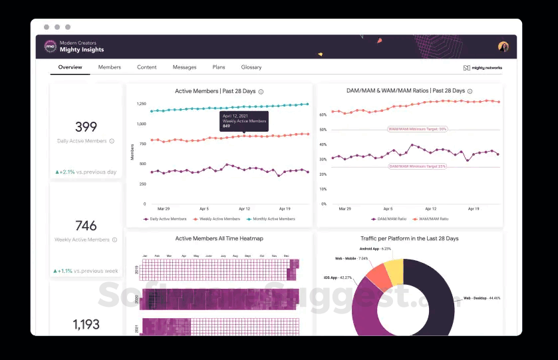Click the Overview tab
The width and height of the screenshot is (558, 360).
coord(70,67)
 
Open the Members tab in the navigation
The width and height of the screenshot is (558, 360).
coord(110,67)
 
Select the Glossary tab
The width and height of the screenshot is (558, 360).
coord(251,67)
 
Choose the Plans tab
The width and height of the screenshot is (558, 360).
coord(219,67)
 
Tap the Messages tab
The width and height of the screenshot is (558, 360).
coord(184,67)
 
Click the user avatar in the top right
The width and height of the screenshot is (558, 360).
coord(503,47)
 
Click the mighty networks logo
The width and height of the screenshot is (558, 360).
coord(482,68)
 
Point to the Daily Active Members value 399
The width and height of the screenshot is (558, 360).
coord(86,127)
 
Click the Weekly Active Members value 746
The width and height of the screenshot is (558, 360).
coord(86,226)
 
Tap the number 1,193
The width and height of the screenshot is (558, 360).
coord(86,324)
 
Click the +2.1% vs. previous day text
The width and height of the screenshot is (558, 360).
coord(86,172)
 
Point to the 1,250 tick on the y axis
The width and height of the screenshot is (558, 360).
coord(141,104)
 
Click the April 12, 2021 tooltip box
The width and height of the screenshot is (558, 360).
coord(244,121)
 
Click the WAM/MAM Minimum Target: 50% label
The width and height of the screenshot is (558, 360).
coord(418,129)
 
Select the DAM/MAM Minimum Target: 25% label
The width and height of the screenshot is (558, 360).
coord(418,166)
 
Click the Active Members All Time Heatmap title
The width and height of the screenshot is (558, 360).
coord(219,238)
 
